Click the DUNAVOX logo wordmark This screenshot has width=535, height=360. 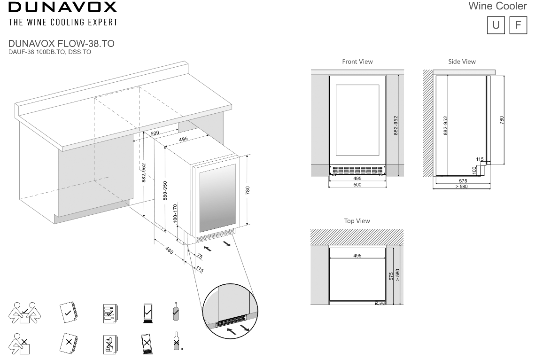click(62, 8)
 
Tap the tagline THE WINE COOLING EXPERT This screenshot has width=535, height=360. click(62, 22)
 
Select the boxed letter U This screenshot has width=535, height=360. click(496, 25)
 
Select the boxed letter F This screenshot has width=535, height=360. click(518, 25)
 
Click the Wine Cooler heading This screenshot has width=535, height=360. click(497, 7)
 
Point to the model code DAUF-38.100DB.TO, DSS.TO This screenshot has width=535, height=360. click(49, 52)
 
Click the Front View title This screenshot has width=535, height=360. click(357, 62)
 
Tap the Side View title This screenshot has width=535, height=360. click(462, 62)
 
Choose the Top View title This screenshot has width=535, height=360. click(357, 221)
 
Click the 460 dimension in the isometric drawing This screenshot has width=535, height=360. click(170, 251)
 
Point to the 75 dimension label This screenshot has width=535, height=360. click(199, 257)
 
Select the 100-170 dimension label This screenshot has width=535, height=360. click(175, 213)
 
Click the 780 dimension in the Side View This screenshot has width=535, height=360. click(501, 120)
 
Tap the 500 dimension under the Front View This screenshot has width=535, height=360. click(357, 185)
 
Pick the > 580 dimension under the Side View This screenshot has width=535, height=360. click(461, 187)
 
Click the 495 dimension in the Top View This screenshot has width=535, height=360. click(357, 256)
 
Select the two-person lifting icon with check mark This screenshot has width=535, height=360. click(24, 312)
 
